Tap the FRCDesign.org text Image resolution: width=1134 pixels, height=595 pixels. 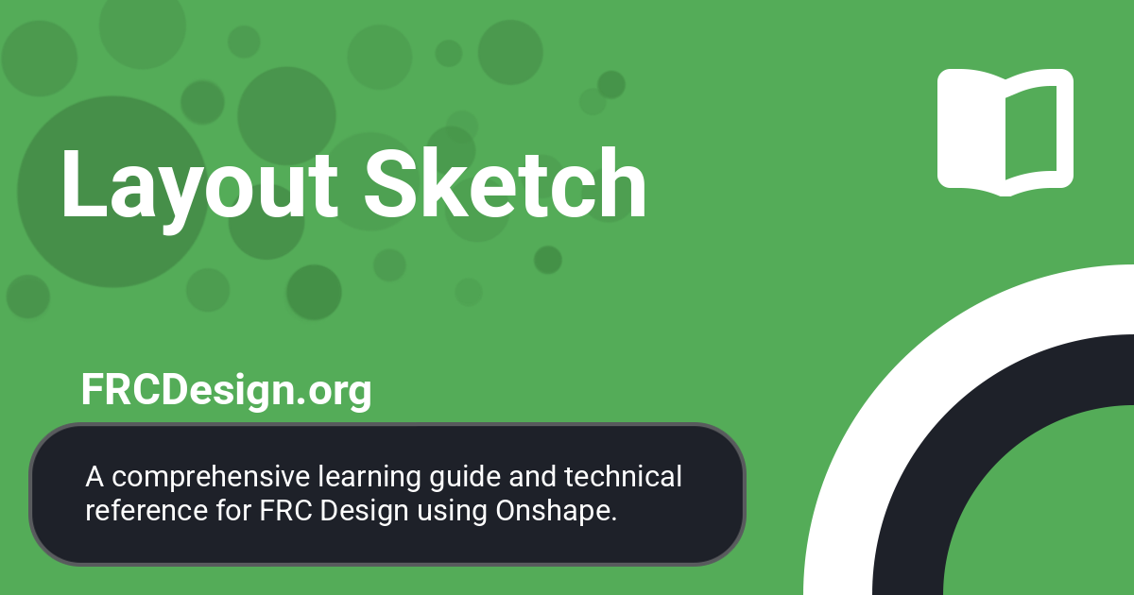pos(226,390)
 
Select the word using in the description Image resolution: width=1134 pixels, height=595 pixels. pos(457,511)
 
